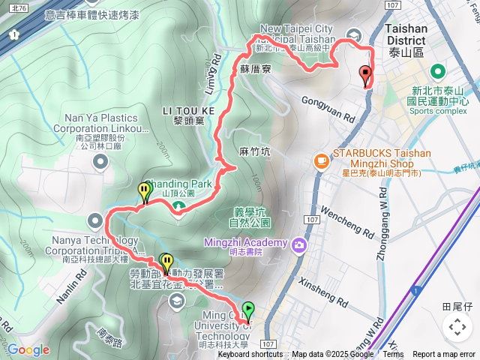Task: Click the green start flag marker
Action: [x=248, y=309]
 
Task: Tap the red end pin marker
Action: [x=366, y=76]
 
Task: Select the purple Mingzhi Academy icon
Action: [x=299, y=244]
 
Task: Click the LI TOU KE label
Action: [x=188, y=111]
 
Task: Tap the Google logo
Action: [x=28, y=350]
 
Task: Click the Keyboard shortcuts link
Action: [x=250, y=355]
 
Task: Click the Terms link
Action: [x=392, y=355]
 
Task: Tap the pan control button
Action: [x=457, y=326]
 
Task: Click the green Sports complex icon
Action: [x=436, y=73]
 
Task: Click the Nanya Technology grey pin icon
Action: [x=94, y=220]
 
